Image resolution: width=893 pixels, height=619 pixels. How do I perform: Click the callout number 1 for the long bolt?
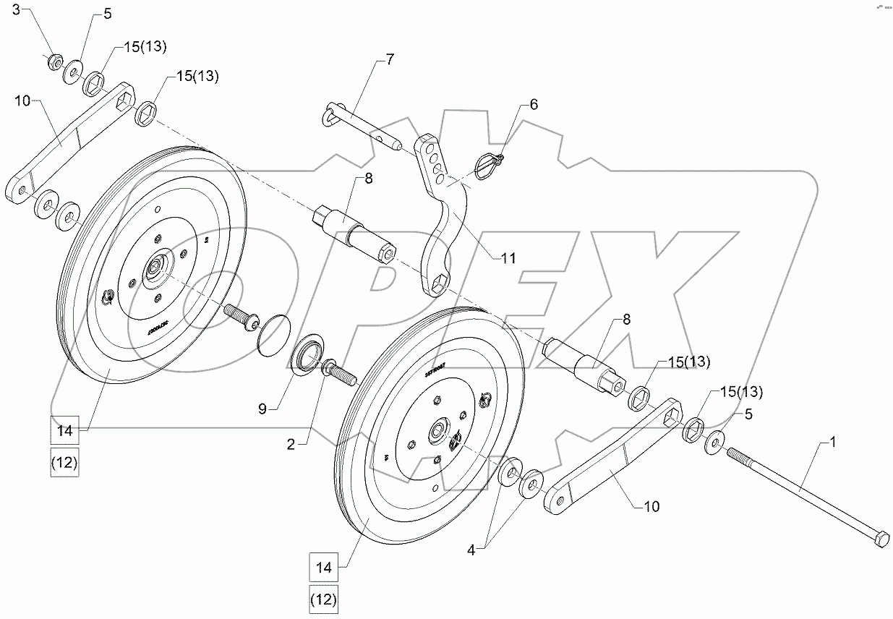832,442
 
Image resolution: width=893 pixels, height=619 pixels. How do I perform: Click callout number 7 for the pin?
390,59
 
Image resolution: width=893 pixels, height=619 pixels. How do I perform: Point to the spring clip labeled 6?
485,163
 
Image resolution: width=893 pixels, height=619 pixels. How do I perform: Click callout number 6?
534,104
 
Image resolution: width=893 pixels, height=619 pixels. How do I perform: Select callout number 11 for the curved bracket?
508,256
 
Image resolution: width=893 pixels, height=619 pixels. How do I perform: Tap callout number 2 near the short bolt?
290,445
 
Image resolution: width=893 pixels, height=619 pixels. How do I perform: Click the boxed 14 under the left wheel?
65,431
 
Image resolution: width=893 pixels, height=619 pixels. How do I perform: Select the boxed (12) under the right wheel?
324,599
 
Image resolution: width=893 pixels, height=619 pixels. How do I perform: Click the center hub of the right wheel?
437,432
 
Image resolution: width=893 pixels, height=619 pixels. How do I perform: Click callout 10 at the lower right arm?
651,507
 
